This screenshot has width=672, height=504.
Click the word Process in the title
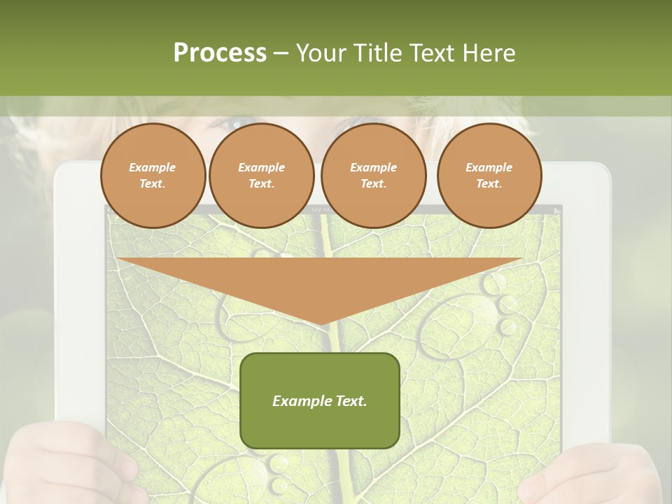(220, 53)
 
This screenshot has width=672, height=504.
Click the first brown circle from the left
(153, 176)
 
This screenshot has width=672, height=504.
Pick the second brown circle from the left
(261, 176)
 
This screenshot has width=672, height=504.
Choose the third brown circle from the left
(373, 176)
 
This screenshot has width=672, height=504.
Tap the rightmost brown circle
(489, 176)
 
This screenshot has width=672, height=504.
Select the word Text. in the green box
(351, 401)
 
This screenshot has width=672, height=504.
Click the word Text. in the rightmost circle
(489, 184)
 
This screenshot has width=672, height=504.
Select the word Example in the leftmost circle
(153, 167)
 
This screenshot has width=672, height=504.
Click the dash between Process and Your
(281, 53)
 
